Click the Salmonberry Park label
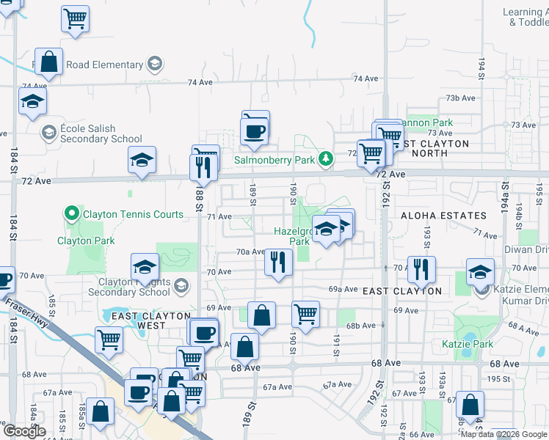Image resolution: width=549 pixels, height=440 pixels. coord(274,159)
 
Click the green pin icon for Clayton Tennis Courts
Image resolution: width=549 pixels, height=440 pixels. coord(71,214)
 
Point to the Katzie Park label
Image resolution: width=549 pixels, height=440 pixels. coord(468,344)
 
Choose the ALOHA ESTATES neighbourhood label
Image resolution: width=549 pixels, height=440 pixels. coord(443,216)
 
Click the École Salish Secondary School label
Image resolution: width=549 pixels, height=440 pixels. coord(101,133)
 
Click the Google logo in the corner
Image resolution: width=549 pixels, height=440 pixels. coord(23,431)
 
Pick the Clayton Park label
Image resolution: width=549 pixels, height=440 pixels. coord(85,241)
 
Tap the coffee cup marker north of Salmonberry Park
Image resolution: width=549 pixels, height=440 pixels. coord(255,131)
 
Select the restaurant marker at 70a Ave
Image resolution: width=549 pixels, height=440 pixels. coord(278,262)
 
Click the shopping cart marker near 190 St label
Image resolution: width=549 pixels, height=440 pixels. coord(305,314)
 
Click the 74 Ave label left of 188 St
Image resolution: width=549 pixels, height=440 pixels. coord(200,82)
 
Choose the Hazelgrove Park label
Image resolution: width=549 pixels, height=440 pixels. coord(291,235)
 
